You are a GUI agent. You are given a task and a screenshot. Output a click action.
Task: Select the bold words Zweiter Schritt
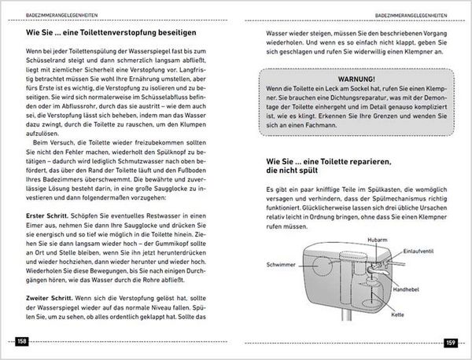42,300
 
